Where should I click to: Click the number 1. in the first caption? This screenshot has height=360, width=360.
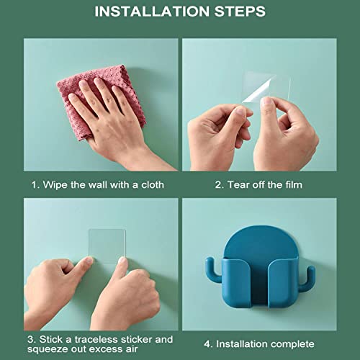(x=35, y=185)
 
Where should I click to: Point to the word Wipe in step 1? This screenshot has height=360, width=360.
(x=54, y=185)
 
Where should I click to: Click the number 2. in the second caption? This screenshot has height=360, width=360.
(x=220, y=185)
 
